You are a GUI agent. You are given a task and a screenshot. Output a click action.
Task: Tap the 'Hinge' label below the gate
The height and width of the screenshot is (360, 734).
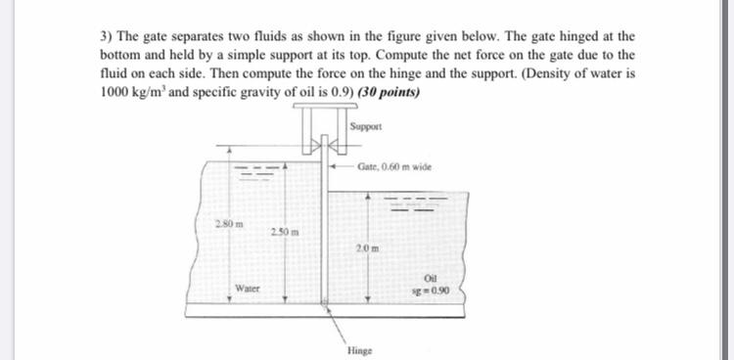[x=359, y=349]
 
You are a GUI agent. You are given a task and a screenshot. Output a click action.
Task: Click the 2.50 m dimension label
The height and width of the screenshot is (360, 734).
[x=284, y=231]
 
